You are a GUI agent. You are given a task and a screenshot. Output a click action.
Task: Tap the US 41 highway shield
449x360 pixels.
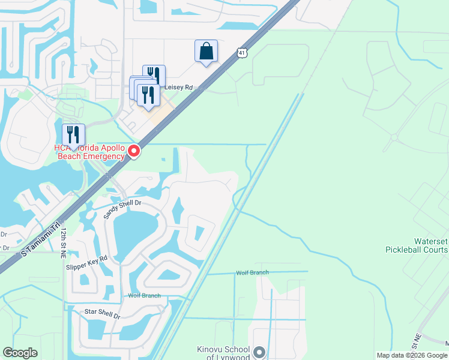click(x=241, y=53)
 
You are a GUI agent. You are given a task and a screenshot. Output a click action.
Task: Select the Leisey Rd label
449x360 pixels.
click(x=178, y=87)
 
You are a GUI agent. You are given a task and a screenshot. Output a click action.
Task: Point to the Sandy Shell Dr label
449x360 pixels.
click(x=122, y=209)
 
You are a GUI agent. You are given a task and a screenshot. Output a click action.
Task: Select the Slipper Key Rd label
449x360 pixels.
click(x=88, y=262)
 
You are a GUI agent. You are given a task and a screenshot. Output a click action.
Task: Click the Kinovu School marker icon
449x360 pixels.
click(x=259, y=352)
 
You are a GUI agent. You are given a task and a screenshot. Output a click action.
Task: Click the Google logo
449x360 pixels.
click(x=20, y=353)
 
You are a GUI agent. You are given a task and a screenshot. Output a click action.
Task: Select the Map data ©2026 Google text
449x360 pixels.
click(x=411, y=355)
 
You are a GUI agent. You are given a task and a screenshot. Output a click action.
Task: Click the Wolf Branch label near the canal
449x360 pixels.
click(x=252, y=272)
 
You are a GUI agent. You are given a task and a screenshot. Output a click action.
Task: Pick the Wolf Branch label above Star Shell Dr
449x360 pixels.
click(x=144, y=295)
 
